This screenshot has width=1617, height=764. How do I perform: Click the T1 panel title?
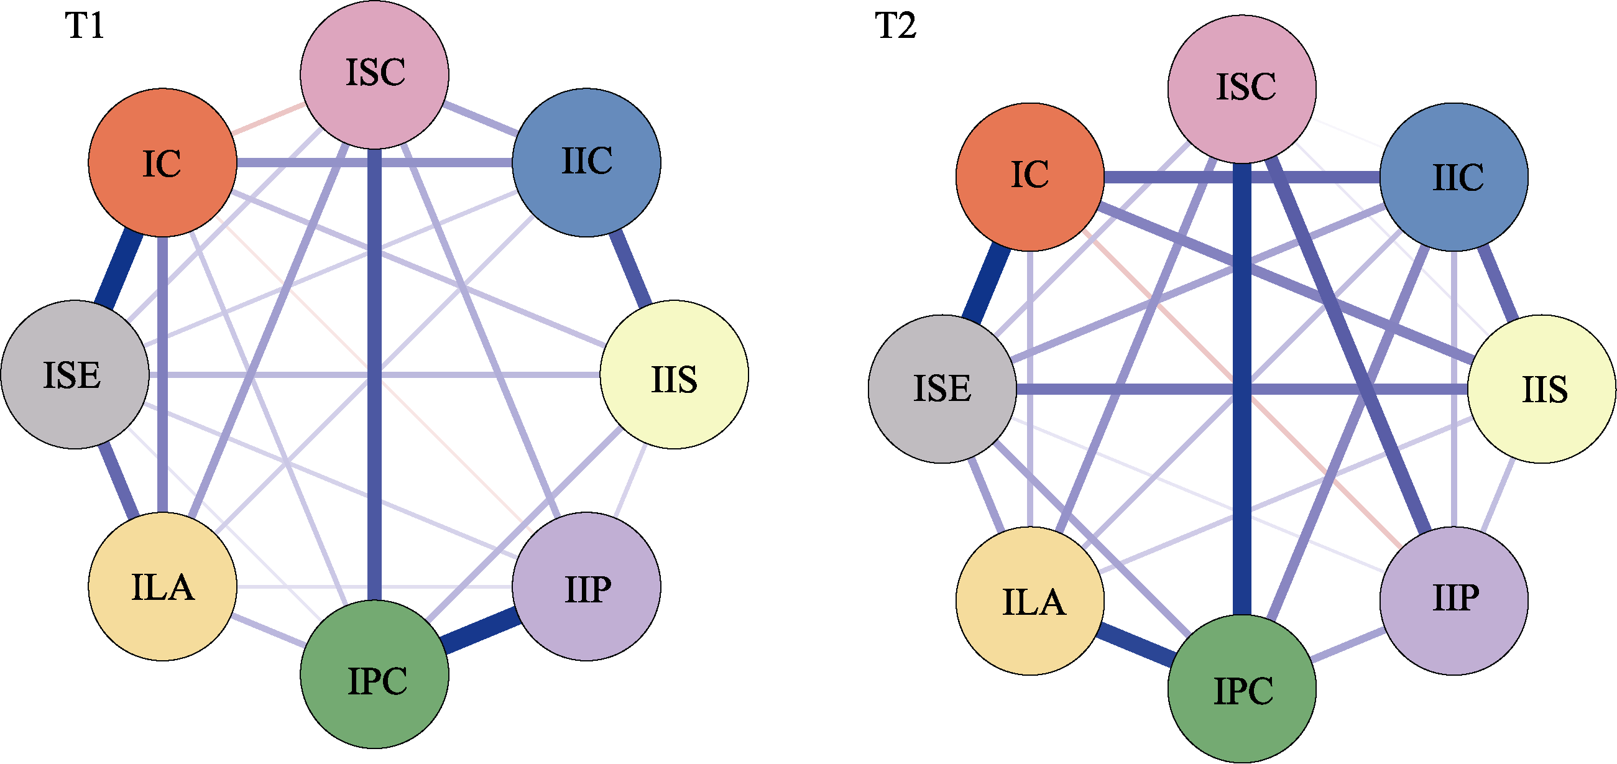(85, 26)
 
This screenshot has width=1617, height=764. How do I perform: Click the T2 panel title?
(896, 26)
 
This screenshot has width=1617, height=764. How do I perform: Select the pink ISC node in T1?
(375, 74)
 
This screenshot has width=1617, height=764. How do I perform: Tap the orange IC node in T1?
(163, 163)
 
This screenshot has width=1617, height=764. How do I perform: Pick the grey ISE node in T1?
(75, 375)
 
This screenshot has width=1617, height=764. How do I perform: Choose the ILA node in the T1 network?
(163, 587)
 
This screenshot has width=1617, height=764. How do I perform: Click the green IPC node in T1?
(375, 674)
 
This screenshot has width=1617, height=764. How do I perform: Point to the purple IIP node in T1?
(586, 587)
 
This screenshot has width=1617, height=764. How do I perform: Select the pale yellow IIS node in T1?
(674, 375)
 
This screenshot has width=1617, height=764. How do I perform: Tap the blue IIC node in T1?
(586, 163)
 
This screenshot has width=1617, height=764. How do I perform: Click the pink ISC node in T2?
(1242, 88)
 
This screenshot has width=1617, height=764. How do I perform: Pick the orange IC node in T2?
(1030, 177)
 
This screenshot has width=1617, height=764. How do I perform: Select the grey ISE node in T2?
(942, 389)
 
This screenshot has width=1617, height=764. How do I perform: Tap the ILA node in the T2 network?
(1030, 601)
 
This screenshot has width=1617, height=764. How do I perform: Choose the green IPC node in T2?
(1242, 689)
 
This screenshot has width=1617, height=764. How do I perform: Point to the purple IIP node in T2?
(1454, 601)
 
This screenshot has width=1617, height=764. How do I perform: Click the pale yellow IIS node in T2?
(1542, 389)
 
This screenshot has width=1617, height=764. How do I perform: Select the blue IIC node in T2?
(1454, 177)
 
